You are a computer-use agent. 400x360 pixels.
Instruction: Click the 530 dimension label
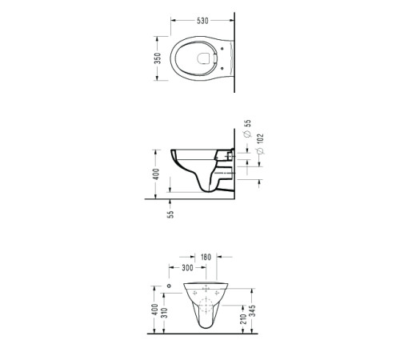tap(202, 21)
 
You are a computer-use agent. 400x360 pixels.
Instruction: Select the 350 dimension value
tap(158, 58)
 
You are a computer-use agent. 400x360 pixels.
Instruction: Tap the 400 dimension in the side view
tap(156, 174)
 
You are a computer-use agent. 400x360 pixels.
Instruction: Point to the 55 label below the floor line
tap(170, 214)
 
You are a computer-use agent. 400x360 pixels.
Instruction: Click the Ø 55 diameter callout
tap(248, 129)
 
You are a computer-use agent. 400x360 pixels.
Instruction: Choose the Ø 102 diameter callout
tap(260, 144)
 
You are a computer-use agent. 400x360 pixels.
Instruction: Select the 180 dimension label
tap(206, 258)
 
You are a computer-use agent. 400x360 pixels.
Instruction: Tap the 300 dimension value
tap(187, 268)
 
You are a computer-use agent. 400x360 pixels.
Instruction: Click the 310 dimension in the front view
tap(165, 313)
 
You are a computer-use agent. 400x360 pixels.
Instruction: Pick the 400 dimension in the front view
tap(154, 310)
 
